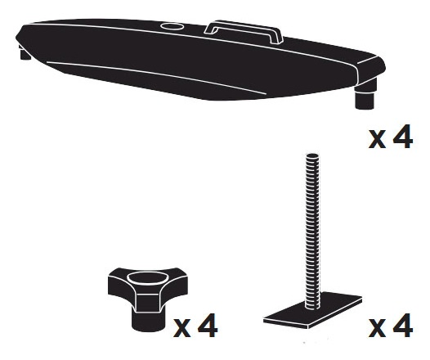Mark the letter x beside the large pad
point(377,140)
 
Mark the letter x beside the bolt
point(377,331)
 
